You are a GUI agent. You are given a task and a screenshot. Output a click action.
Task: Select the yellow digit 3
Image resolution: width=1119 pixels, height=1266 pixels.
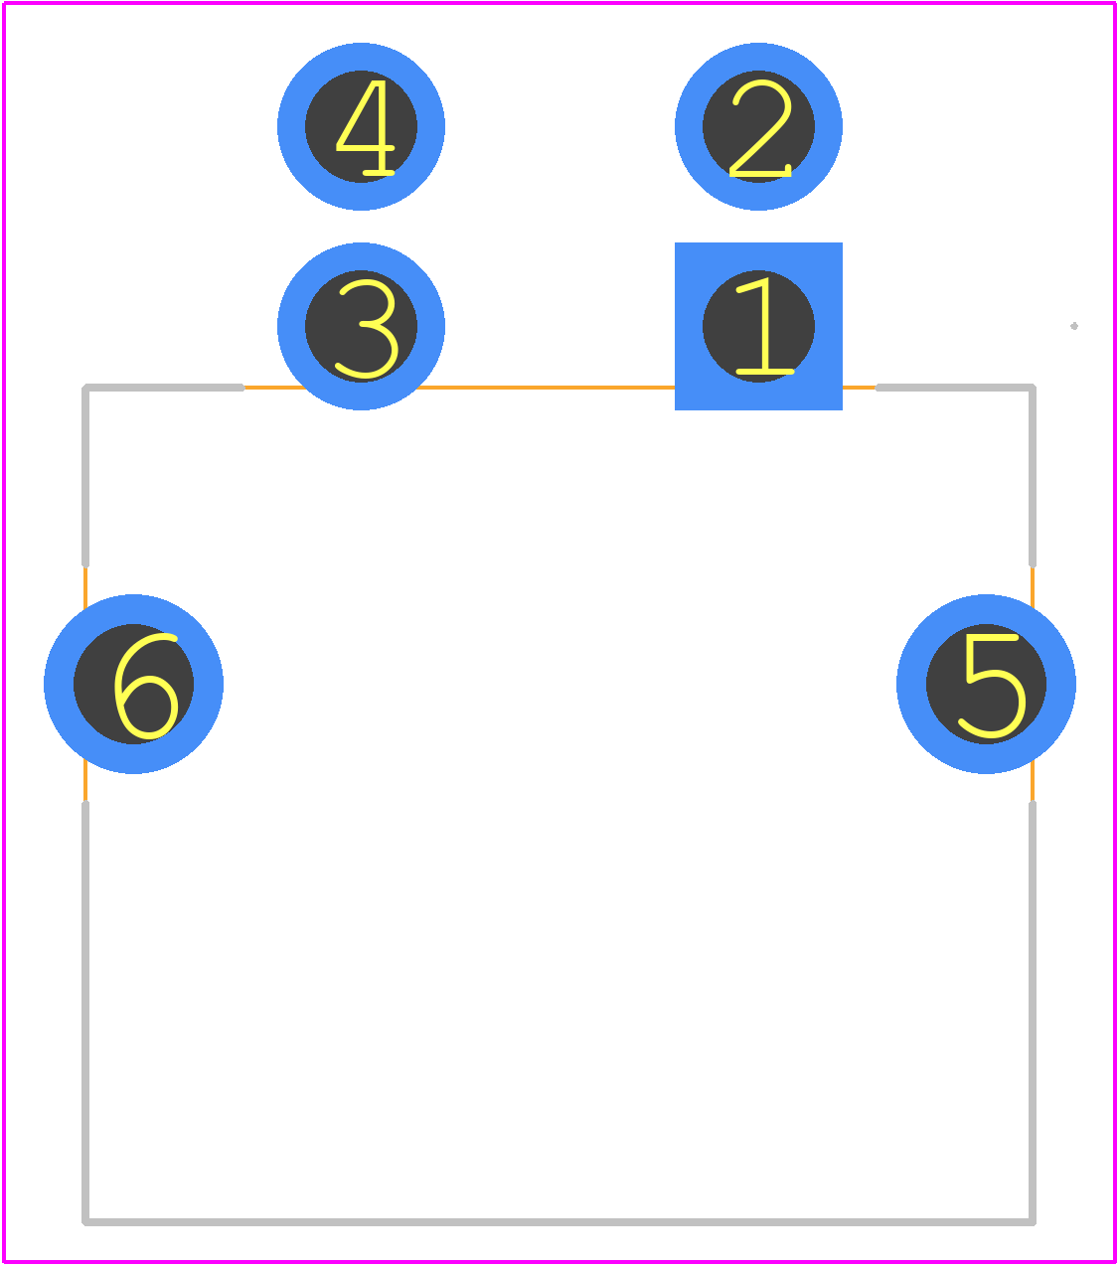point(367,329)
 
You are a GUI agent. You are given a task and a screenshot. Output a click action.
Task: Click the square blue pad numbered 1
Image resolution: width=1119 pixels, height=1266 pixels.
point(758,326)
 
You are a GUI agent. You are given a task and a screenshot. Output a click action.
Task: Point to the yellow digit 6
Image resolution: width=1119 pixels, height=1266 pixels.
point(146,687)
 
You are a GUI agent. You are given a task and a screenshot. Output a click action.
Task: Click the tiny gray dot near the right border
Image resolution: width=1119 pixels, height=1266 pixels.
point(1074,326)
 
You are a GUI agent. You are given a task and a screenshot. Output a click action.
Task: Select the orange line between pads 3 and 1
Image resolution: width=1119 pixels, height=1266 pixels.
point(546,389)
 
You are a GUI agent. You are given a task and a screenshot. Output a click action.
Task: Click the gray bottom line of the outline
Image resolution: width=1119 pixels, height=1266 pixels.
point(559,1222)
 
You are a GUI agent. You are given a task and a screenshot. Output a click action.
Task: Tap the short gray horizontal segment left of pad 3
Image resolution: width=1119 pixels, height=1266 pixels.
point(163,389)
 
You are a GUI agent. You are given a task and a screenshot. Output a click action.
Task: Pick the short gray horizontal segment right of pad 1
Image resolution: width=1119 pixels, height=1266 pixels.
point(955,389)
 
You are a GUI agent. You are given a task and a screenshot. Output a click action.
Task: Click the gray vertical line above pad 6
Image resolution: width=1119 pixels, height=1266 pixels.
point(85,476)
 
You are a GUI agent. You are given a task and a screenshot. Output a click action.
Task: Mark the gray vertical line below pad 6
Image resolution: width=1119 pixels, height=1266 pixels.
point(85,1013)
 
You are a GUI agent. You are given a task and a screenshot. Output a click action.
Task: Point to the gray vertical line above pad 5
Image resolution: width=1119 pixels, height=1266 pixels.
point(1033,476)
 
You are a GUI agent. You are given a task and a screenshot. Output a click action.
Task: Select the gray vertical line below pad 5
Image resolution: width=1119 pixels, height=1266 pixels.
point(1033,1013)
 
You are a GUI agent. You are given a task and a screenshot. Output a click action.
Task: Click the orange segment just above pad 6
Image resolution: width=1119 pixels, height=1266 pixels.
point(85,587)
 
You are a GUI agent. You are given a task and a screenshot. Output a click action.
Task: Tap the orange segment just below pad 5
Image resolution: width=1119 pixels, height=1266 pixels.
point(1033,781)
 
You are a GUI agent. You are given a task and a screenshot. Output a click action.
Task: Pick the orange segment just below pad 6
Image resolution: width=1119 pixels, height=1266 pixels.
point(85,781)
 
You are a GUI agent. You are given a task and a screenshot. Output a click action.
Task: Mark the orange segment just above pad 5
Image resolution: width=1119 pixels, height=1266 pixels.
point(1033,587)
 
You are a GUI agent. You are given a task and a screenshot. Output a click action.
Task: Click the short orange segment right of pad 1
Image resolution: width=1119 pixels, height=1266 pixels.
point(860,389)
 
